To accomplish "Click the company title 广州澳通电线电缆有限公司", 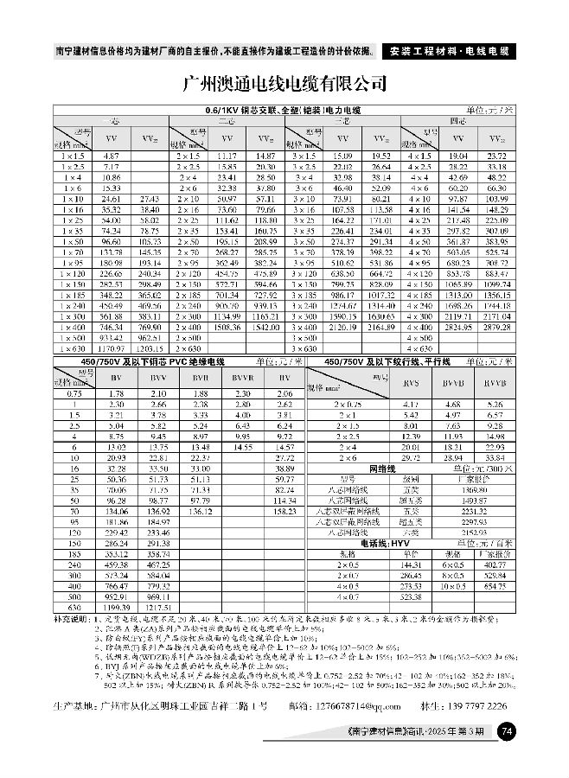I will [x=284, y=84].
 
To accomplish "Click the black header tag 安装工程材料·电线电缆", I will [x=446, y=51].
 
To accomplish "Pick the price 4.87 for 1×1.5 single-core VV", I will [x=111, y=155].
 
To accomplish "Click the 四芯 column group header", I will [x=457, y=121].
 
